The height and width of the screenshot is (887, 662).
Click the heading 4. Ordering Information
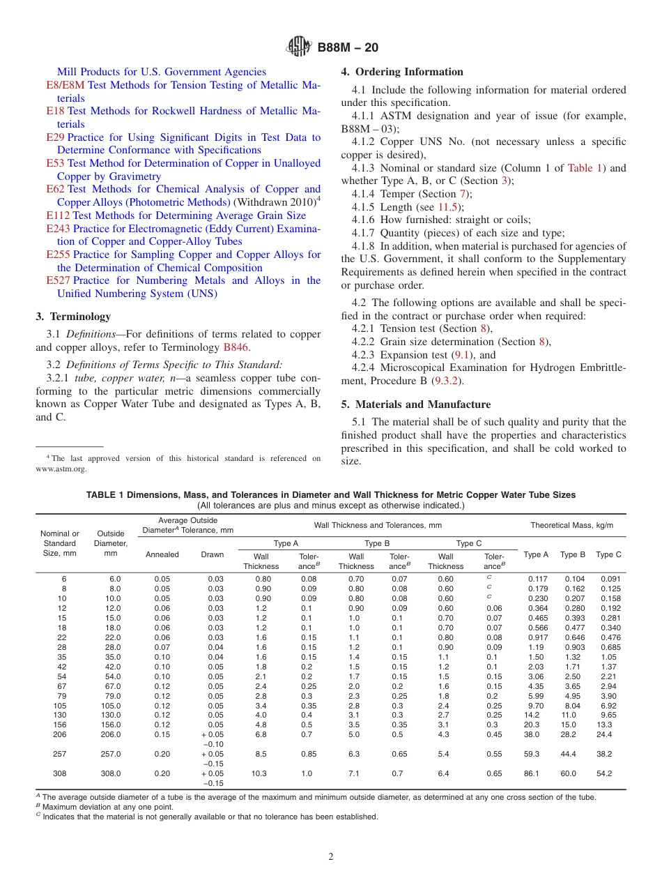[402, 72]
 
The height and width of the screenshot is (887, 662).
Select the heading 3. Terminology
[73, 317]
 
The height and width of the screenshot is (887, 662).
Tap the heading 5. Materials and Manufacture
[416, 404]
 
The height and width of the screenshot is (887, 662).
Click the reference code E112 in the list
[58, 215]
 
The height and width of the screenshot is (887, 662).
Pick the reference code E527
[58, 280]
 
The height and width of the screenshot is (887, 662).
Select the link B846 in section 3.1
[236, 347]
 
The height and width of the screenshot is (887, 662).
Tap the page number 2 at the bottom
[331, 857]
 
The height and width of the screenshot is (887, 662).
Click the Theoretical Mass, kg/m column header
[571, 525]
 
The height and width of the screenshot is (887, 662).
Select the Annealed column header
[162, 554]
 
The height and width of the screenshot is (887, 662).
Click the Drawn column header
[213, 554]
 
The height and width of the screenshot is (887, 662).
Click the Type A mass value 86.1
[532, 773]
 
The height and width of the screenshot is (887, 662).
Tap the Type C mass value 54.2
[604, 773]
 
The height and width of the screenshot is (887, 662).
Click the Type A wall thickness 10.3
[260, 773]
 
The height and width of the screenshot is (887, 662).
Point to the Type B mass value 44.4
[569, 754]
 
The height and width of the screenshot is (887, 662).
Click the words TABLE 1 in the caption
[105, 494]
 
